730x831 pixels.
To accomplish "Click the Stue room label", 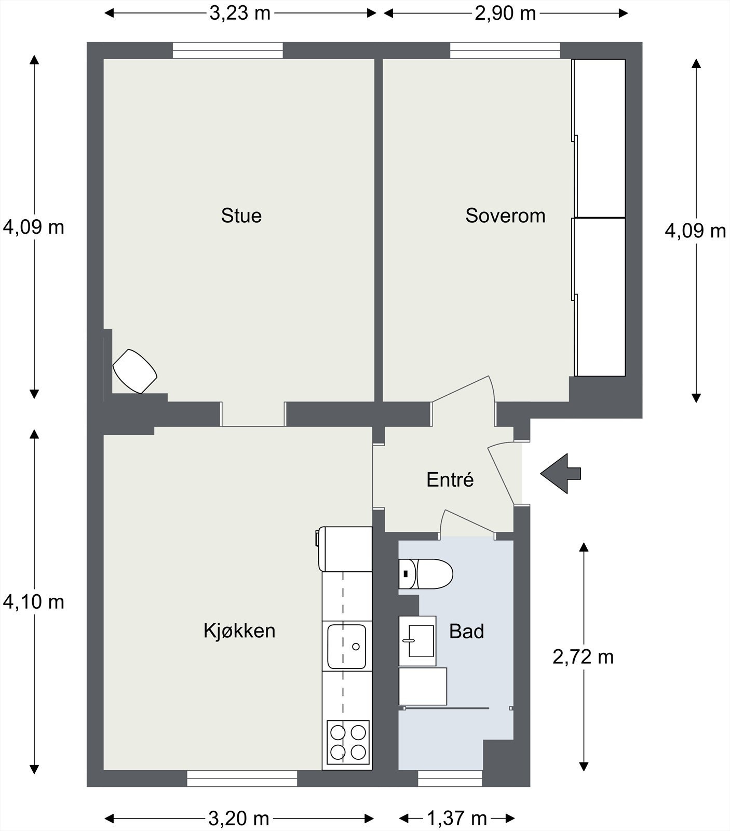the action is tap(241, 216).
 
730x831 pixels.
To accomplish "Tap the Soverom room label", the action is tap(505, 216).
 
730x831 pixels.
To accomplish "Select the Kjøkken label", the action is tap(239, 631).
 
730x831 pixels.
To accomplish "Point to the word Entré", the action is tap(450, 479).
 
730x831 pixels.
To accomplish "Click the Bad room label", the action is tap(467, 632).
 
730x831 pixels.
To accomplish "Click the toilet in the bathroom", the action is tap(426, 574).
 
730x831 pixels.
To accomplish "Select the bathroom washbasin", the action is tap(417, 641).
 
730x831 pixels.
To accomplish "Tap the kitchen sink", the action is tap(346, 646).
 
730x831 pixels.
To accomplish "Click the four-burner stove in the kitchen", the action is tap(348, 741).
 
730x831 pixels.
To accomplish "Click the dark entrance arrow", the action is tap(561, 473).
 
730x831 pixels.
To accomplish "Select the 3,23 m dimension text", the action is tap(240, 13).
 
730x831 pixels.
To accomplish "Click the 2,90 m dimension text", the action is tap(505, 13).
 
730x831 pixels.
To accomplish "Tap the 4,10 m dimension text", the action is tap(34, 601).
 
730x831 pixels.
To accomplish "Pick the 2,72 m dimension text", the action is tap(583, 657).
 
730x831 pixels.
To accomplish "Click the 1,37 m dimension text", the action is tap(457, 819).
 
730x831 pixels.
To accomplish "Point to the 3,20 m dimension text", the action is tap(239, 819).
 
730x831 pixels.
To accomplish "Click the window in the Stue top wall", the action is tap(228, 50).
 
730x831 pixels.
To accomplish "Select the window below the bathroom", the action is tap(450, 778).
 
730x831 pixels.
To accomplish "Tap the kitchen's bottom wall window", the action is tap(242, 778).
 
